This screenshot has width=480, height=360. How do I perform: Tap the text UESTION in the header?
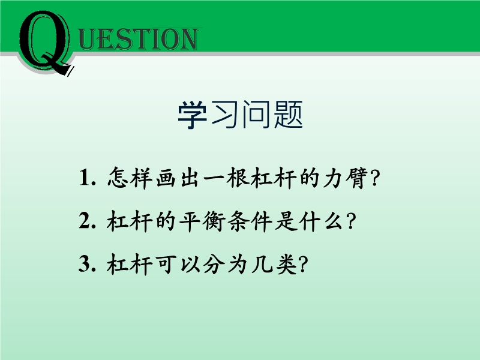click(x=138, y=39)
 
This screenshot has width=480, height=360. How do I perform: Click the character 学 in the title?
click(x=192, y=115)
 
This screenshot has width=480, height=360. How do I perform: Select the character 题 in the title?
click(x=289, y=115)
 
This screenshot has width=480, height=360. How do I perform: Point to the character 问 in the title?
click(x=257, y=115)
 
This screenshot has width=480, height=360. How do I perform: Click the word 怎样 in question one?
click(x=130, y=177)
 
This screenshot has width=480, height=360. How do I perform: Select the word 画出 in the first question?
click(x=176, y=178)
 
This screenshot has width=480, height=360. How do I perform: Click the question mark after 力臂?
click(x=374, y=178)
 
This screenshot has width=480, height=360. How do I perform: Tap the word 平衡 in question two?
click(x=202, y=221)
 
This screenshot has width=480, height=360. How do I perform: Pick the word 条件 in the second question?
click(x=249, y=221)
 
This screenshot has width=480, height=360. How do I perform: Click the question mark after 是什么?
click(x=351, y=221)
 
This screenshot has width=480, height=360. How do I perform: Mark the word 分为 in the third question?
click(x=225, y=264)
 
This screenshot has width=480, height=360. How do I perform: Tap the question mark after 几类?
click(x=302, y=264)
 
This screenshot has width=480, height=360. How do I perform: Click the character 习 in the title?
click(x=224, y=115)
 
